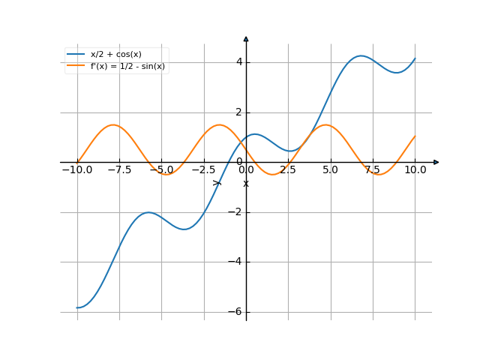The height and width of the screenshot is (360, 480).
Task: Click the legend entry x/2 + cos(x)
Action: (115, 54)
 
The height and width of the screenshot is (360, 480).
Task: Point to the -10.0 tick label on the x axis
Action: (76, 170)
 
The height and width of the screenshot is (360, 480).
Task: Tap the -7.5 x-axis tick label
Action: (119, 170)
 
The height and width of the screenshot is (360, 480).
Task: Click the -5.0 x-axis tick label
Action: (161, 170)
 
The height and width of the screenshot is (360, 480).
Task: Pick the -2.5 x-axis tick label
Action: (203, 170)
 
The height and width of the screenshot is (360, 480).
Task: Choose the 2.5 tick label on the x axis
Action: (289, 170)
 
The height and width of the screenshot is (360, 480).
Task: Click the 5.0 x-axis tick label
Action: (331, 170)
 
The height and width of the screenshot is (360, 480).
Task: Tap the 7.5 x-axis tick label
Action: (373, 170)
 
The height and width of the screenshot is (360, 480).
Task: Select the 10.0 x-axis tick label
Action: (415, 170)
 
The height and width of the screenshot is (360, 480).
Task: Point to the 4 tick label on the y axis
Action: (238, 62)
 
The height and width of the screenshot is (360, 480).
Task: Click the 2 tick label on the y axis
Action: (238, 112)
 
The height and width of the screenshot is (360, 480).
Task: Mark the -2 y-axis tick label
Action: (235, 212)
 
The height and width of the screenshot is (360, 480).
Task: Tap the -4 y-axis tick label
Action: (235, 262)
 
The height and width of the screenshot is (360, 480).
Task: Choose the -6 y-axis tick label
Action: (235, 312)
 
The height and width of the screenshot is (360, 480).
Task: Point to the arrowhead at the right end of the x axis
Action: (436, 162)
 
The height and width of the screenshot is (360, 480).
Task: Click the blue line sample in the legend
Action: (76, 54)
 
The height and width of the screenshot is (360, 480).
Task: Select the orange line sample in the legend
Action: (76, 66)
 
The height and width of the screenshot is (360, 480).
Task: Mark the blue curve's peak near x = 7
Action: (361, 55)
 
